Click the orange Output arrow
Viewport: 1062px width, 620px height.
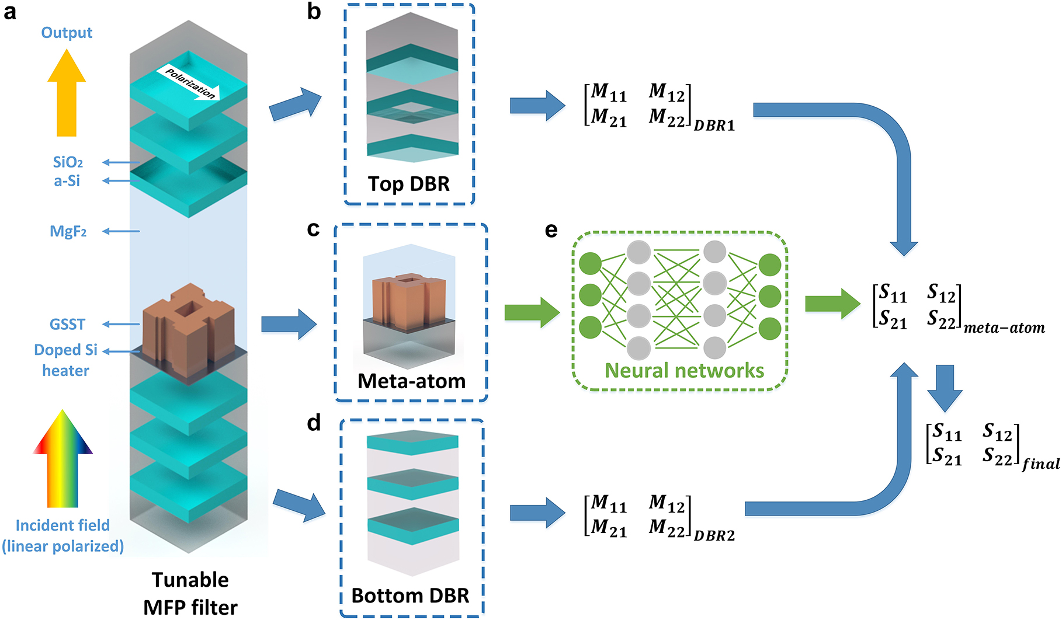pyautogui.click(x=67, y=93)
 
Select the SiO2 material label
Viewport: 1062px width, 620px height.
pyautogui.click(x=68, y=162)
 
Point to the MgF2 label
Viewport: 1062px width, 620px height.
pyautogui.click(x=68, y=232)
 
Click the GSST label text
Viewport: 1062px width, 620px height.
pyautogui.click(x=67, y=324)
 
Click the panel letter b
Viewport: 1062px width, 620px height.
pyautogui.click(x=314, y=12)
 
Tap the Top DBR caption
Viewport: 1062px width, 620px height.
pyautogui.click(x=409, y=184)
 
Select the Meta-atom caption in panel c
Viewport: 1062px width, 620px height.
pyautogui.click(x=411, y=381)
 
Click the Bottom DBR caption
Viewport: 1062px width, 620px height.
pyautogui.click(x=410, y=595)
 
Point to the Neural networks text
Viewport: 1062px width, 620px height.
pyautogui.click(x=684, y=371)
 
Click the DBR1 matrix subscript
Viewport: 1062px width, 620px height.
pyautogui.click(x=714, y=126)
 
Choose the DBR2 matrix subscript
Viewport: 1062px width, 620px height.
pyautogui.click(x=714, y=535)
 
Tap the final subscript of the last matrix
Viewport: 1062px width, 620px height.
pyautogui.click(x=1040, y=464)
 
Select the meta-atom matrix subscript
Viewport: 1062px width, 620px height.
pyautogui.click(x=1004, y=328)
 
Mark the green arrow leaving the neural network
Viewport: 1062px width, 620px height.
pyautogui.click(x=831, y=304)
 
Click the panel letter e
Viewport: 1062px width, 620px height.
pyautogui.click(x=551, y=230)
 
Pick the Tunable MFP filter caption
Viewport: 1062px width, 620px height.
pyautogui.click(x=190, y=593)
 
